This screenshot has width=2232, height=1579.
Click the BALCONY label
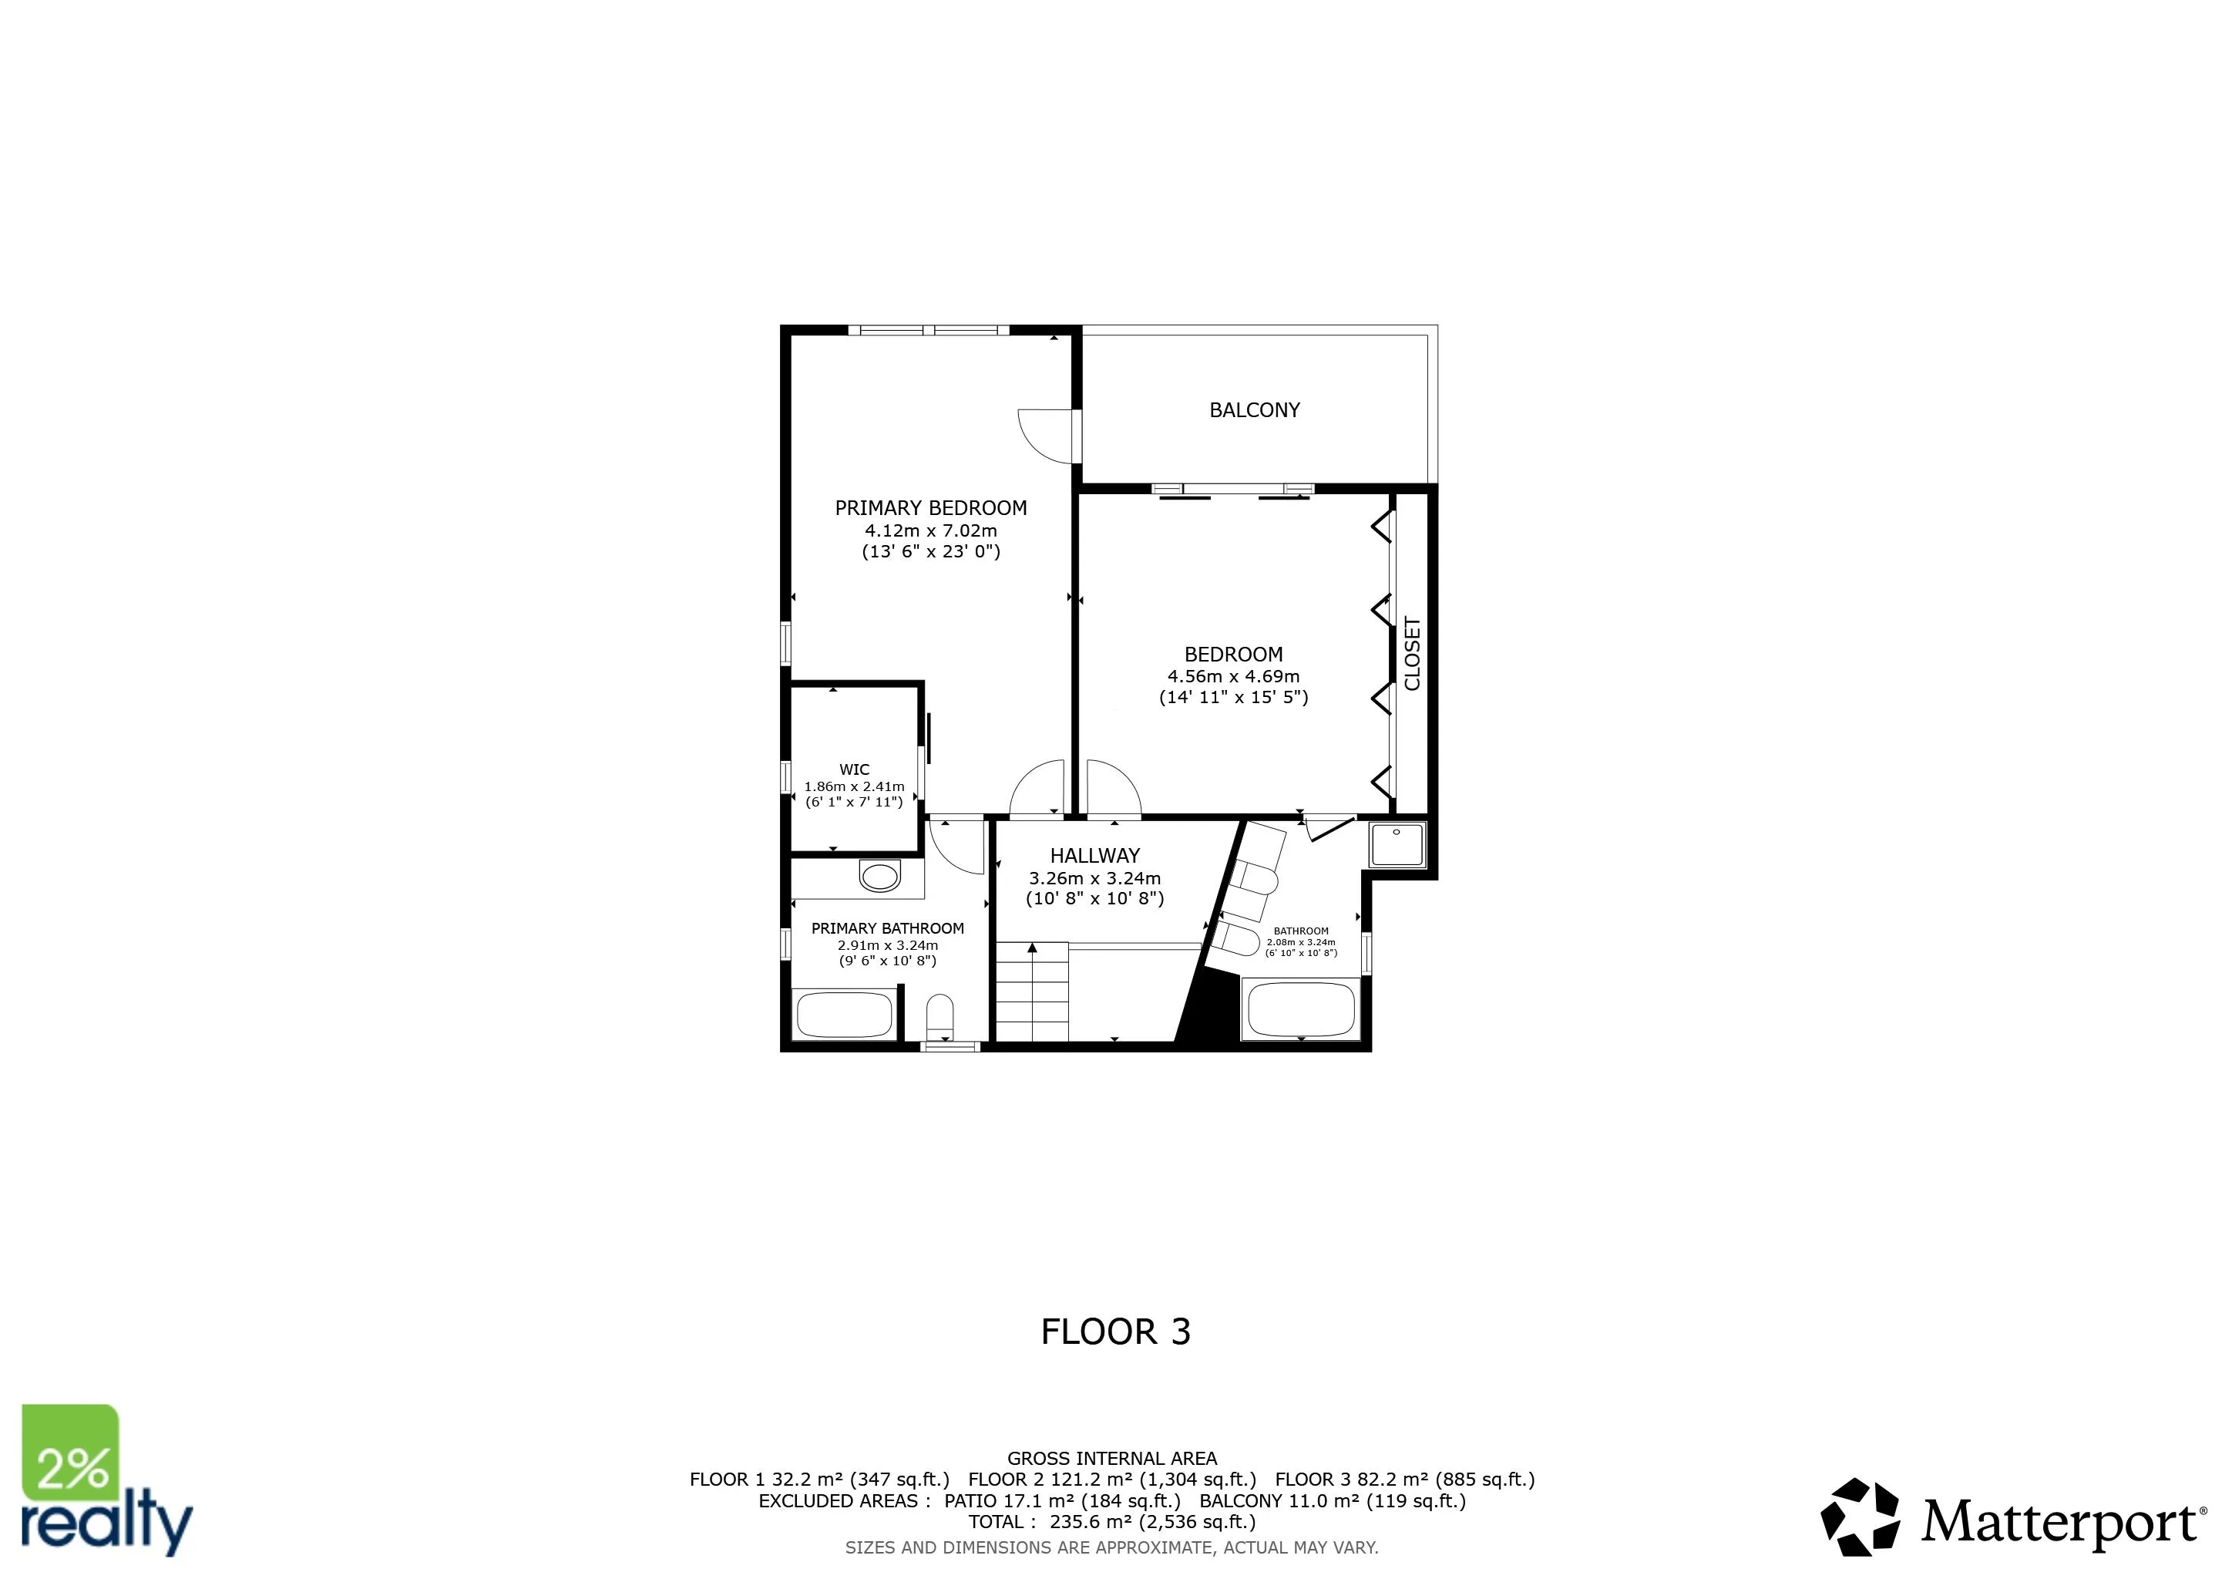pos(1254,410)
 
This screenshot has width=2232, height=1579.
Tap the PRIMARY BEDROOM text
pos(930,507)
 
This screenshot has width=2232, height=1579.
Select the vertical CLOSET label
pos(1413,653)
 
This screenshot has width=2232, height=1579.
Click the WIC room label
pos(853,769)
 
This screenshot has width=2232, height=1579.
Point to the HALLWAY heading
pos(1094,856)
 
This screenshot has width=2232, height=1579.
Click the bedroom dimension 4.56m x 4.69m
pos(1232,675)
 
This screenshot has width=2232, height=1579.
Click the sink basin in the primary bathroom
pos(879,877)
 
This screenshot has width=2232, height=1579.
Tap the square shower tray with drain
pos(1397,844)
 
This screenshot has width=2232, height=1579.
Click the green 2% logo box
pos(70,1453)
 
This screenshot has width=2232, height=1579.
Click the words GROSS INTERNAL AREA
pos(1111,1459)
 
